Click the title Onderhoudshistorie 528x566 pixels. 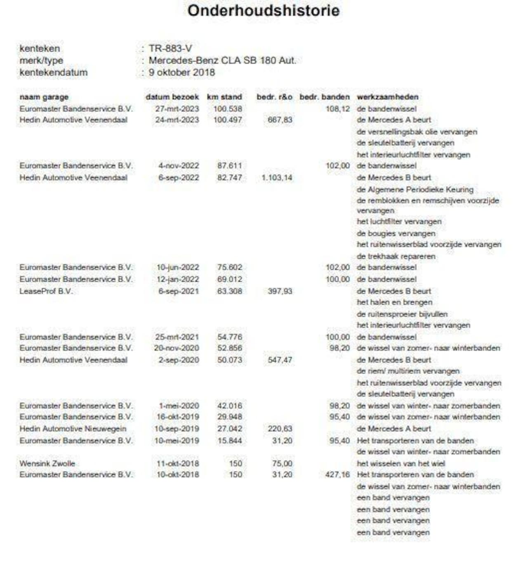tap(263, 11)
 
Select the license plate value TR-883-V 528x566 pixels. tap(170, 49)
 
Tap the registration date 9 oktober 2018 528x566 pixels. tap(182, 73)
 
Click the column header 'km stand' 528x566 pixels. tap(224, 97)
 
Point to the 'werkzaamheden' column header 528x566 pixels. tap(387, 97)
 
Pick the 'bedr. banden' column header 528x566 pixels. tap(324, 97)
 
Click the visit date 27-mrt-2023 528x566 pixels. tap(177, 109)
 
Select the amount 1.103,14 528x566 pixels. tap(277, 178)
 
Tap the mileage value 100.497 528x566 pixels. tap(228, 120)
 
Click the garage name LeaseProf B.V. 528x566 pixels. tap(46, 291)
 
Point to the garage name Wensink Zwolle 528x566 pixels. tap(47, 463)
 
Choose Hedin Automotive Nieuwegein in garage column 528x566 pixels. tap(73, 429)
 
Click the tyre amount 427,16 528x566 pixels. tap(337, 475)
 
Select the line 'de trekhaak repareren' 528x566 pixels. tap(396, 256)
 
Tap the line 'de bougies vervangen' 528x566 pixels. tap(396, 233)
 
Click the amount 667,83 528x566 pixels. tap(280, 120)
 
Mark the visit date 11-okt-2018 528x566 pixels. tap(177, 463)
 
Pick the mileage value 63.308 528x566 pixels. tap(230, 291)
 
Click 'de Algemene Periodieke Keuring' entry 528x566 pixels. tap(415, 190)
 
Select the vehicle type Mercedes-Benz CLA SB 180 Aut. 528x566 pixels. tap(222, 61)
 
